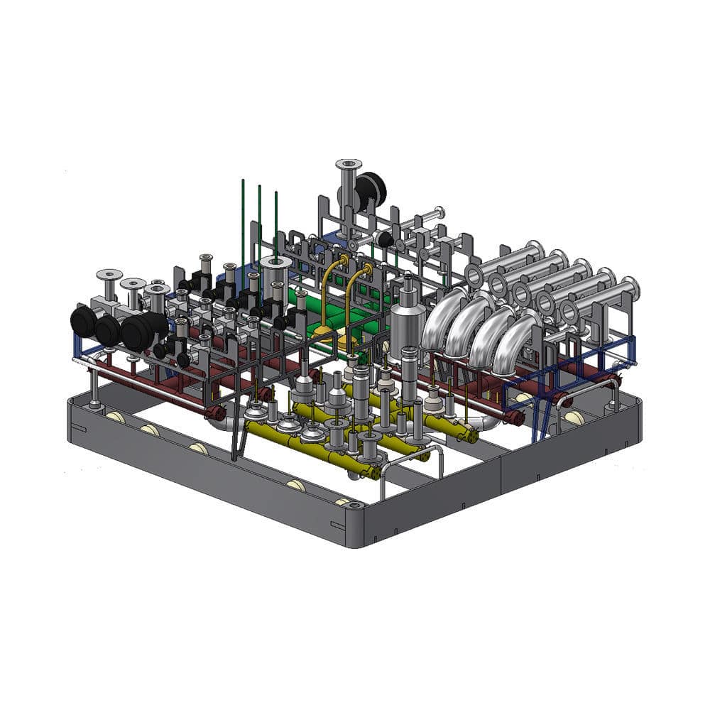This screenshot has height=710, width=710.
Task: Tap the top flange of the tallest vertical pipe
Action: coord(349,165)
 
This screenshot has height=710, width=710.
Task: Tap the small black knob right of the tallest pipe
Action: coord(386,239)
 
